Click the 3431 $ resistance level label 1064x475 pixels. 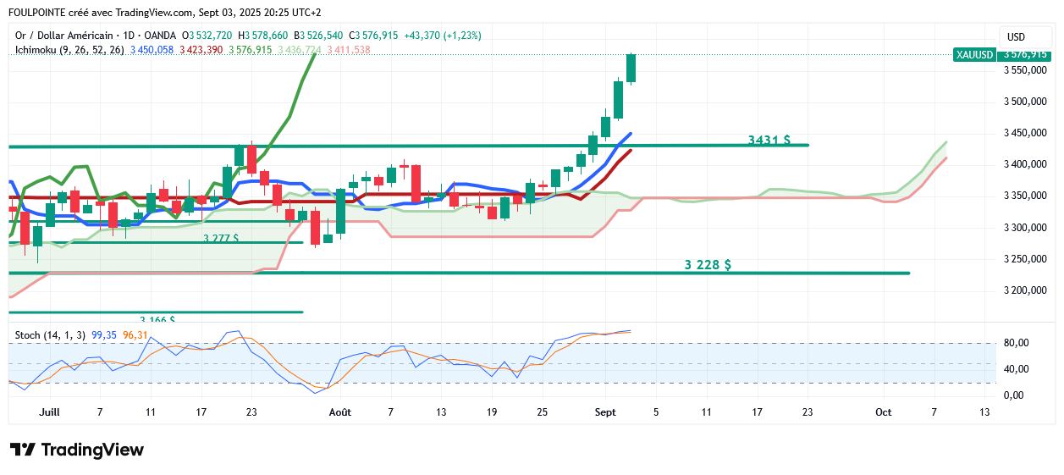click(769, 140)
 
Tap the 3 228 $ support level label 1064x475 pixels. click(708, 264)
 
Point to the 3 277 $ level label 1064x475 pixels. click(221, 239)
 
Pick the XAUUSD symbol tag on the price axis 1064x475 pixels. click(973, 55)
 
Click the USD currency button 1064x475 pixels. click(1016, 36)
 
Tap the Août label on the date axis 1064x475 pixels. click(340, 412)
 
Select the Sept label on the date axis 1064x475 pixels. click(604, 412)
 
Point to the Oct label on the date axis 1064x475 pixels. click(883, 412)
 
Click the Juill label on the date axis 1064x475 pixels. click(49, 412)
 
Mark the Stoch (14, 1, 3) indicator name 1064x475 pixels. click(49, 335)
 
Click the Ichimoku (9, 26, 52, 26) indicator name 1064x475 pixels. click(69, 50)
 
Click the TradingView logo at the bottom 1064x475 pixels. click(77, 450)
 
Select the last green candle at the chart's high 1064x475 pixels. click(631, 68)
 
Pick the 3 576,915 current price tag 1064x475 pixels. click(1024, 55)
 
